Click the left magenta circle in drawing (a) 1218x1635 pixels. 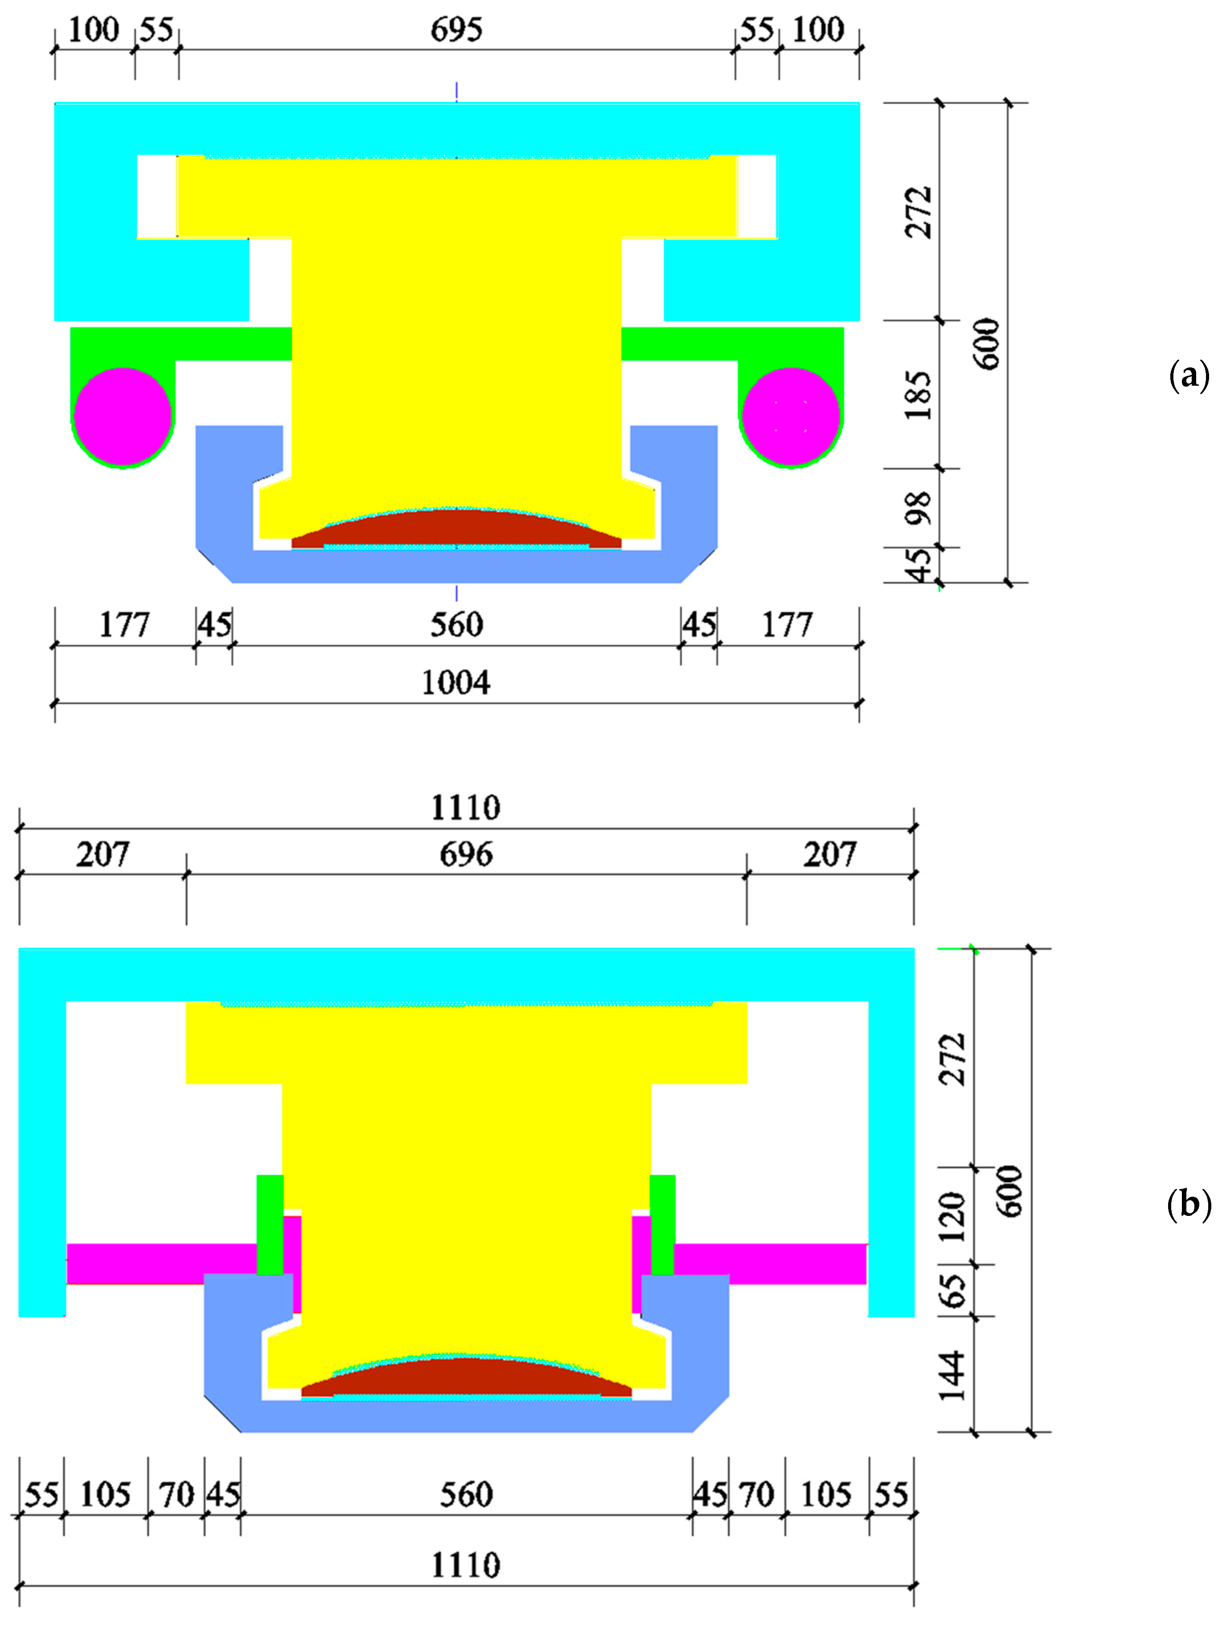pyautogui.click(x=123, y=417)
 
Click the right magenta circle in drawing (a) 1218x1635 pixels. pyautogui.click(x=791, y=417)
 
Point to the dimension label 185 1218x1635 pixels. pyautogui.click(x=919, y=395)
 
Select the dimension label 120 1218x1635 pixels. pyautogui.click(x=952, y=1217)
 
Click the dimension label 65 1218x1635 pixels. pyautogui.click(x=952, y=1291)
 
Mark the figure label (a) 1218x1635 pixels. pyautogui.click(x=1189, y=376)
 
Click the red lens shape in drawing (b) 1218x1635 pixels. pyautogui.click(x=466, y=1378)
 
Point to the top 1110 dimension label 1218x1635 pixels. pyautogui.click(x=466, y=807)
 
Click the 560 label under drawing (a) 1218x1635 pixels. pyautogui.click(x=456, y=625)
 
